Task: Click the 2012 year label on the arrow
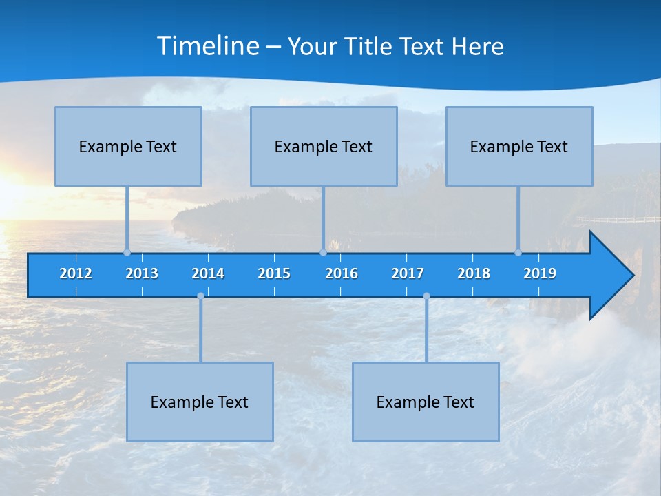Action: [x=76, y=273]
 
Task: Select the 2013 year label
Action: [x=142, y=273]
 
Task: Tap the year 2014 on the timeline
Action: [x=208, y=273]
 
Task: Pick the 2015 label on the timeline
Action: [x=274, y=273]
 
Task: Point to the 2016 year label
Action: [x=342, y=273]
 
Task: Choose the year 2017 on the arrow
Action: [x=408, y=273]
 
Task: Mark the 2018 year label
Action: [x=474, y=273]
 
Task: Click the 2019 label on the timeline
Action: [x=540, y=273]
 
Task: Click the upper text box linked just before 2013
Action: [x=128, y=146]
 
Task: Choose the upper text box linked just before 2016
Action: [x=324, y=146]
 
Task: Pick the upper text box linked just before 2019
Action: [x=519, y=146]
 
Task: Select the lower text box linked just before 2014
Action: [x=200, y=402]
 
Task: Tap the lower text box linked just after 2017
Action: [x=426, y=402]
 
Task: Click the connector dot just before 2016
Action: [x=323, y=253]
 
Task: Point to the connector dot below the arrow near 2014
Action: [x=200, y=296]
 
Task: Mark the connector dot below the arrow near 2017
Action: [x=426, y=296]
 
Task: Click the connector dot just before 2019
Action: [x=518, y=253]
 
